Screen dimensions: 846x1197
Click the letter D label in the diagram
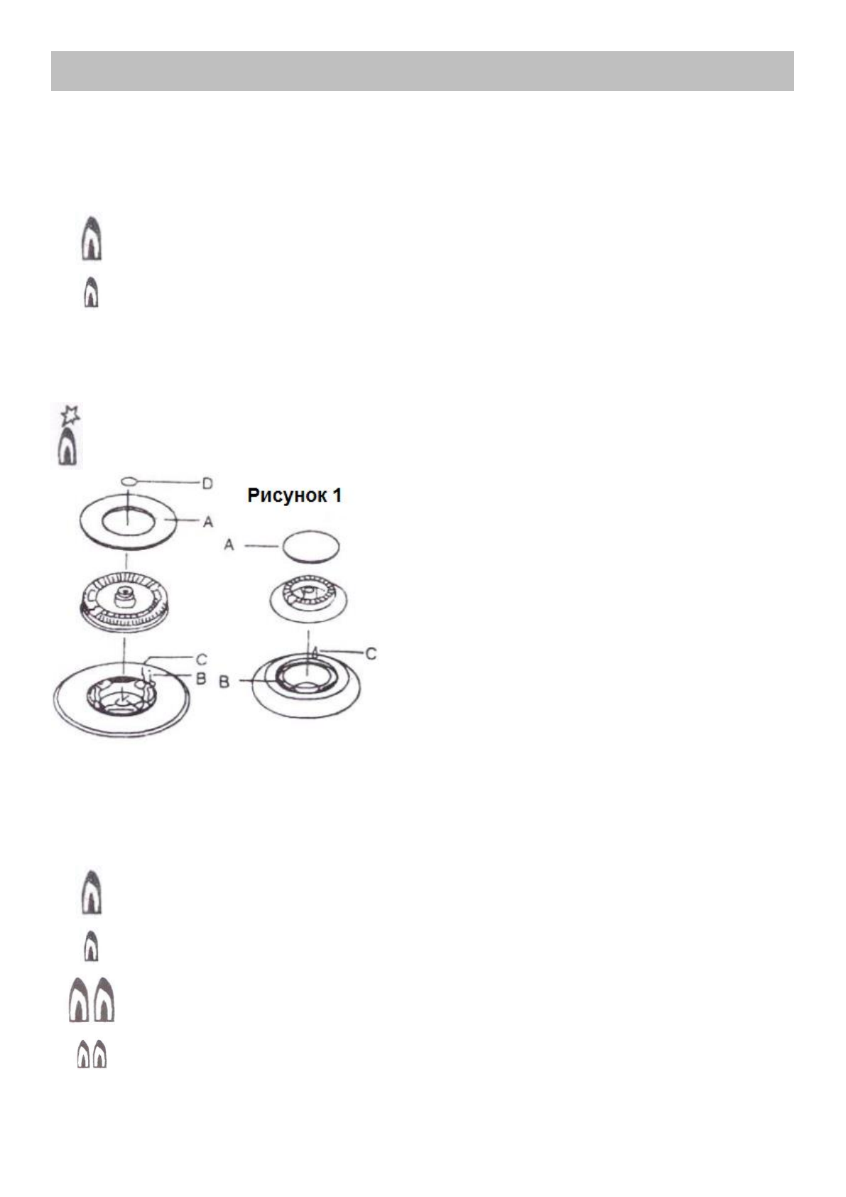click(x=207, y=484)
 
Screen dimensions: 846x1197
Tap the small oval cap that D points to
click(x=128, y=481)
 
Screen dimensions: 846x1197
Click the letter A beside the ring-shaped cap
click(x=208, y=522)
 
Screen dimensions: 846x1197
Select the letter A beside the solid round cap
click(x=229, y=545)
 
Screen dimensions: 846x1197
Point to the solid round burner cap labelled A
click(x=310, y=547)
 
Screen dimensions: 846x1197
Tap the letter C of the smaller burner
click(x=371, y=653)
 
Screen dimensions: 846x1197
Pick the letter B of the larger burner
click(x=201, y=679)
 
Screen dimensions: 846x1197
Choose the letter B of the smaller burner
click(x=224, y=681)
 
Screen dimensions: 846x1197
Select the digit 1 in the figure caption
click(x=336, y=495)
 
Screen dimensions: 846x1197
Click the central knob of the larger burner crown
click(x=125, y=594)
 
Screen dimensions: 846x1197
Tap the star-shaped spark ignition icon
click(x=70, y=414)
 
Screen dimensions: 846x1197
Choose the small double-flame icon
click(x=92, y=1053)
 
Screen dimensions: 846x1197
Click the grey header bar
click(x=422, y=71)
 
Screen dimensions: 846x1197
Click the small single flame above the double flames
click(x=91, y=946)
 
